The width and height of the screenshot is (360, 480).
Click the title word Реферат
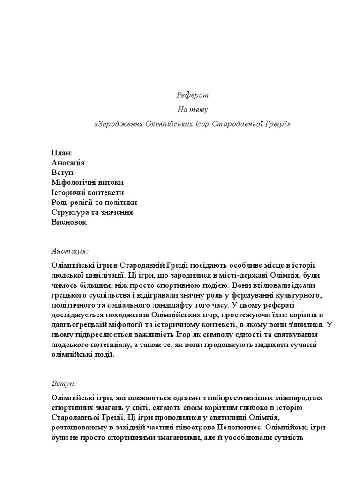click(x=193, y=95)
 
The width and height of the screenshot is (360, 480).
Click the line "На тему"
click(x=193, y=110)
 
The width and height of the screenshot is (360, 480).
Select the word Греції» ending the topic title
click(x=277, y=124)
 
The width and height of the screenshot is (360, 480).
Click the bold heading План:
click(x=62, y=153)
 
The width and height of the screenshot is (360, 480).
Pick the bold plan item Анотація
click(x=68, y=163)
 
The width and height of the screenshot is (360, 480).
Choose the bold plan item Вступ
click(x=63, y=173)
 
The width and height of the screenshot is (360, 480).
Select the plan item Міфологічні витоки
click(x=88, y=183)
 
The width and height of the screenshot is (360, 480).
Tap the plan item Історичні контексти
click(x=88, y=193)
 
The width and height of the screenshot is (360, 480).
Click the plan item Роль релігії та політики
click(x=94, y=202)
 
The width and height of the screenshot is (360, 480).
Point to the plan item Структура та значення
click(x=92, y=212)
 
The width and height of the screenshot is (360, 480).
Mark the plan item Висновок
click(x=69, y=222)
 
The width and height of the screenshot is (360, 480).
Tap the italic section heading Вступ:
click(x=64, y=383)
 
